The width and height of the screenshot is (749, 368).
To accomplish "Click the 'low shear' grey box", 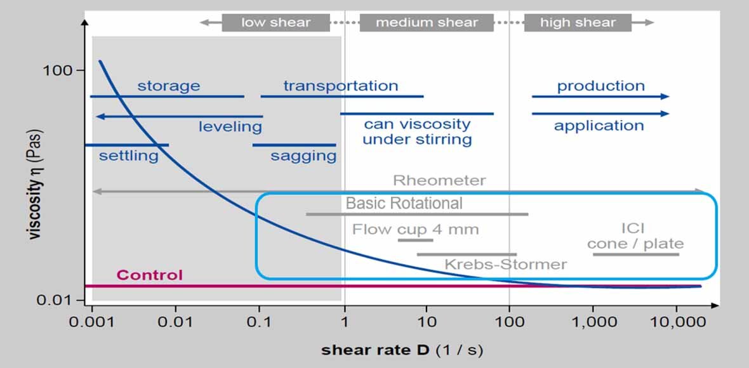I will pyautogui.click(x=275, y=23).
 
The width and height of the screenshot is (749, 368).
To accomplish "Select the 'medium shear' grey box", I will pyautogui.click(x=427, y=23).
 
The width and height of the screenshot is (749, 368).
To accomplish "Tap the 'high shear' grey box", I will pyautogui.click(x=578, y=23).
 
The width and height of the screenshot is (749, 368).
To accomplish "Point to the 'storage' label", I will pyautogui.click(x=168, y=86).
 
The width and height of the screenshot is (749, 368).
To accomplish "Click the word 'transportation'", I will pyautogui.click(x=341, y=86).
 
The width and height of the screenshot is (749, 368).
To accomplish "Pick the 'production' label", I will pyautogui.click(x=600, y=86).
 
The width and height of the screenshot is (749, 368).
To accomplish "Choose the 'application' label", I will pyautogui.click(x=599, y=126).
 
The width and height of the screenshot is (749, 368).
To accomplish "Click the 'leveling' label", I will pyautogui.click(x=230, y=127).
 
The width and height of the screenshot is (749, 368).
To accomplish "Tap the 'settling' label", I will pyautogui.click(x=128, y=155).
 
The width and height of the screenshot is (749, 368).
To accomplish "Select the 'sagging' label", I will pyautogui.click(x=303, y=156).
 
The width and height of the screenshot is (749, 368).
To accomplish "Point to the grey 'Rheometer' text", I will pyautogui.click(x=439, y=180).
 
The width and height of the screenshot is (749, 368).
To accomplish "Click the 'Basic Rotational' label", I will pyautogui.click(x=404, y=204).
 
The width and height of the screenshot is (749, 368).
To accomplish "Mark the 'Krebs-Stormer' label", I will pyautogui.click(x=505, y=264).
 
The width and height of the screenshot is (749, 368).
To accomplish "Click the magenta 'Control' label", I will pyautogui.click(x=149, y=275).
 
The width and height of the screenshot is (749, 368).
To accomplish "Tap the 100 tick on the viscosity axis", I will pyautogui.click(x=58, y=70).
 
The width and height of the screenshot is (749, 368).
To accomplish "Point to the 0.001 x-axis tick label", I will pyautogui.click(x=91, y=322).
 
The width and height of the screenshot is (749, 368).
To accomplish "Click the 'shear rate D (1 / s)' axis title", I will pyautogui.click(x=402, y=350).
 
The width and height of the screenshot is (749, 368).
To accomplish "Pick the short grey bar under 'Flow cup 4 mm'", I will pyautogui.click(x=415, y=240).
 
